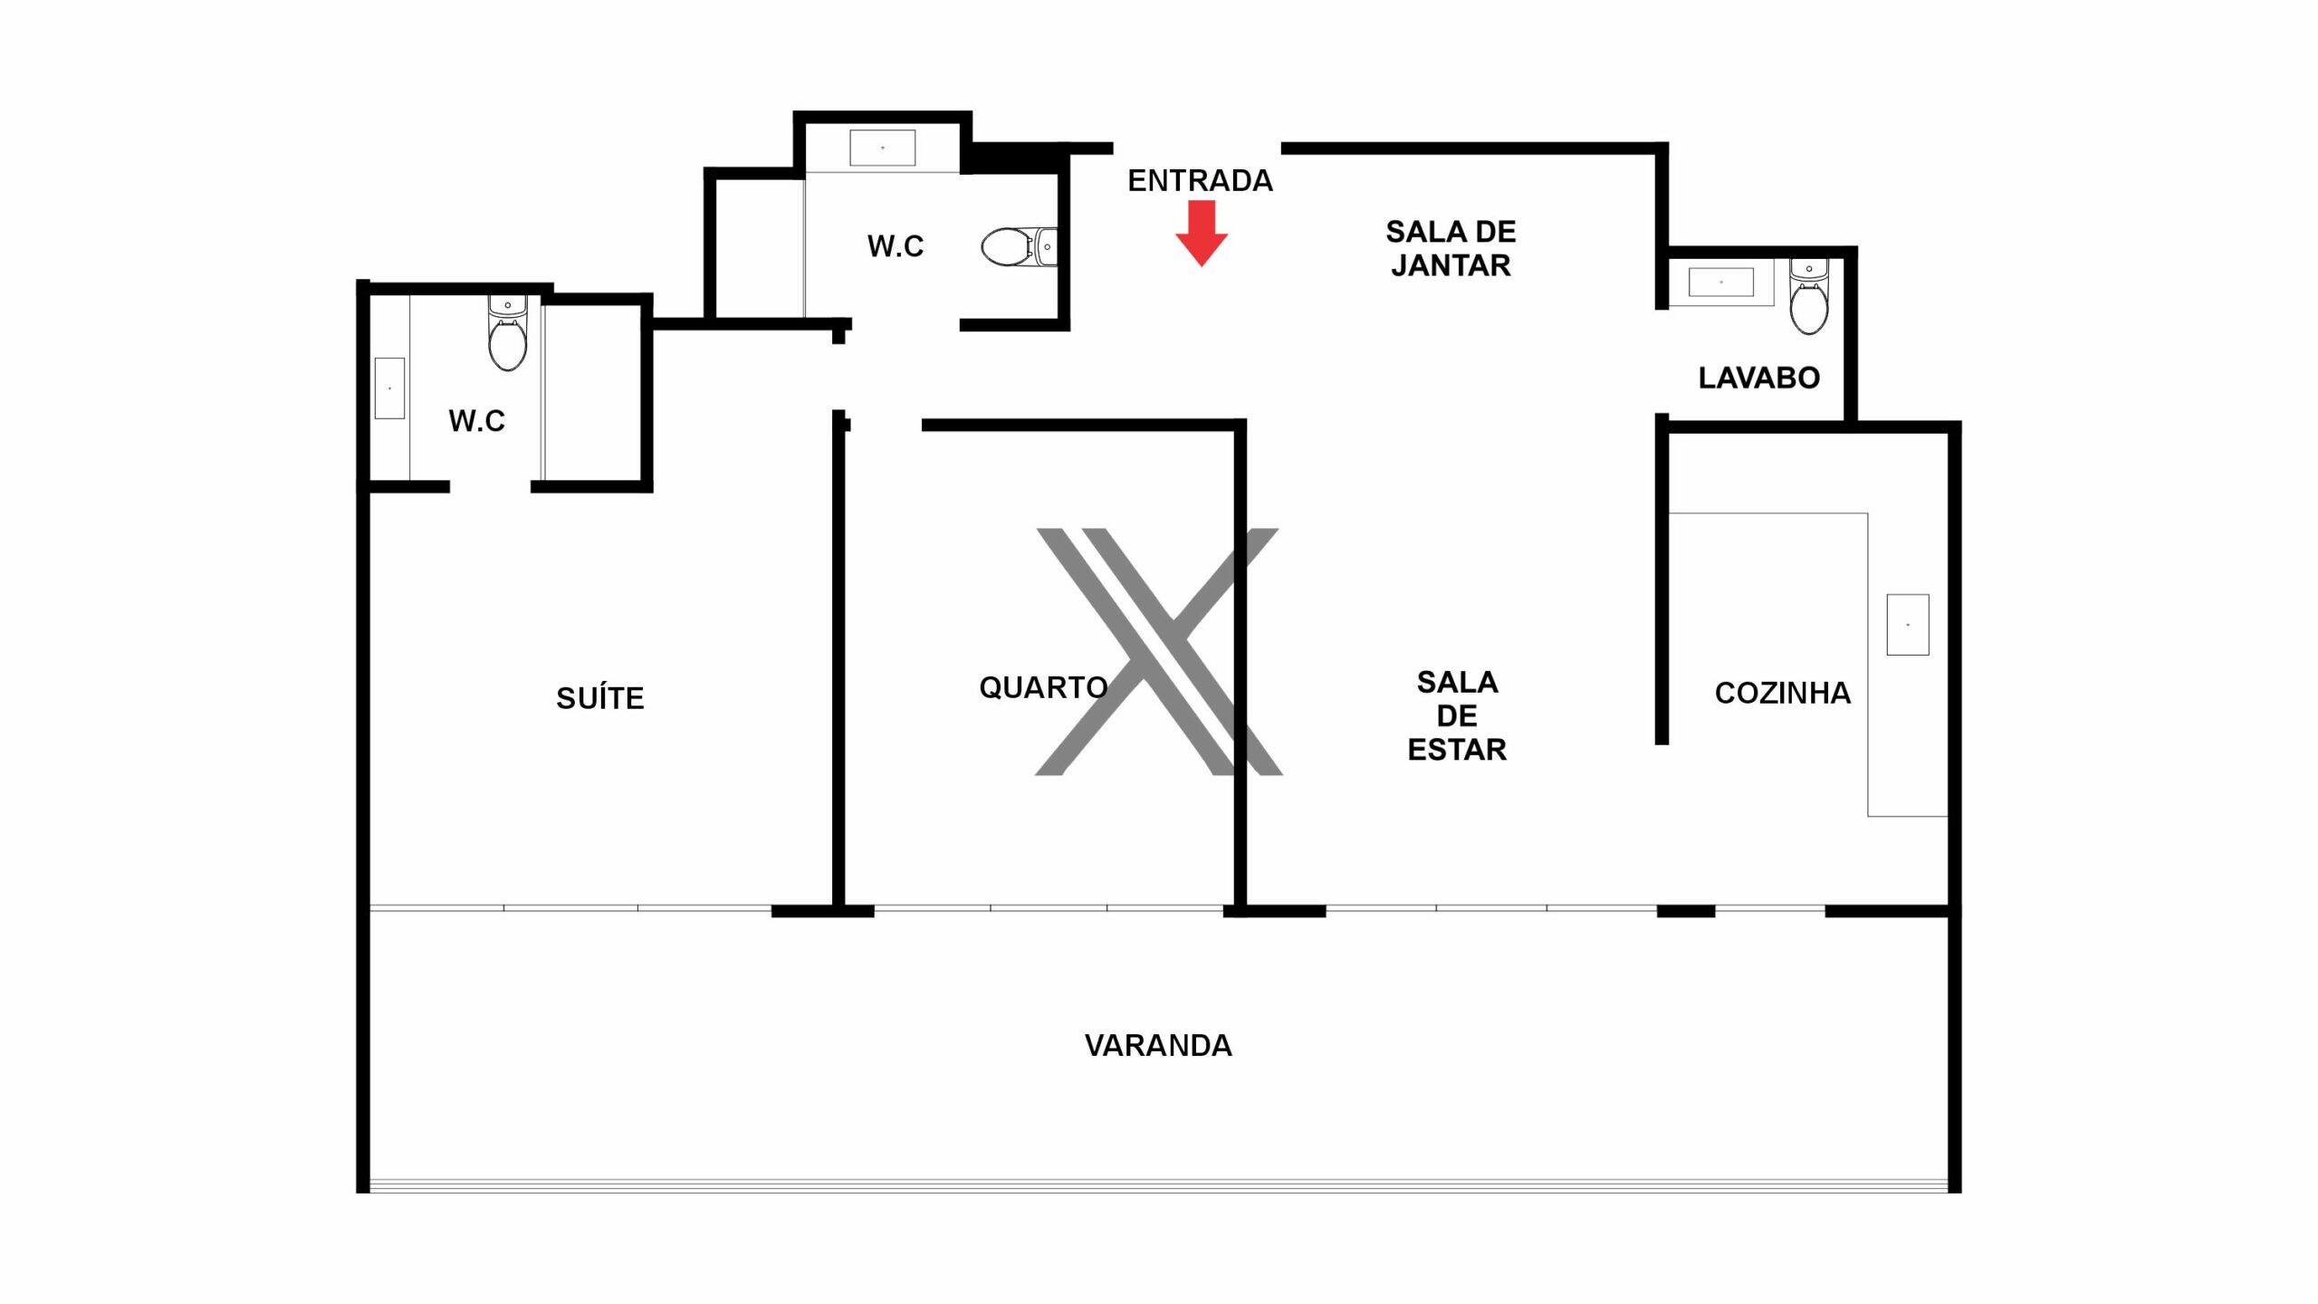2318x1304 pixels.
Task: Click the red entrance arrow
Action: click(x=1202, y=234)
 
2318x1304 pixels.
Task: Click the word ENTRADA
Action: click(x=1200, y=181)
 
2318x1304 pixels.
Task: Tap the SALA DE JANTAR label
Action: click(x=1451, y=248)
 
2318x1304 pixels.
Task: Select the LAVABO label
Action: click(x=1758, y=378)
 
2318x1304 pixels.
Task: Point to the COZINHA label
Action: click(x=1782, y=693)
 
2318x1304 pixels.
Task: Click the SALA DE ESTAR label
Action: click(x=1457, y=715)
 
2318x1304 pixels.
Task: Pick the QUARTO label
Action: click(x=1043, y=687)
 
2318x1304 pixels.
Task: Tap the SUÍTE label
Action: click(x=600, y=697)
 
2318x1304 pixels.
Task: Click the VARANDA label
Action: click(x=1158, y=1046)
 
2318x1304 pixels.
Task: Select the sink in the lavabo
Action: click(x=1721, y=283)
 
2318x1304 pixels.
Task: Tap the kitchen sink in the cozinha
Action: click(x=1908, y=625)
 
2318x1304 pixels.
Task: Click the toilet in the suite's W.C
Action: click(x=508, y=332)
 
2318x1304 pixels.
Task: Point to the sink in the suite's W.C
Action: click(x=389, y=388)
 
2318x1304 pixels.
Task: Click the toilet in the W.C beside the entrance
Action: click(x=1019, y=246)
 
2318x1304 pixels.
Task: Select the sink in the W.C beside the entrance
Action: click(x=882, y=148)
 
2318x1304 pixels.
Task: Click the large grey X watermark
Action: click(x=1158, y=652)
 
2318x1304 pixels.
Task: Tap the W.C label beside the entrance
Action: click(x=896, y=246)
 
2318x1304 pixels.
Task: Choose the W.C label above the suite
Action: click(x=477, y=421)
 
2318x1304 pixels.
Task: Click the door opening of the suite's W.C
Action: click(x=490, y=487)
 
